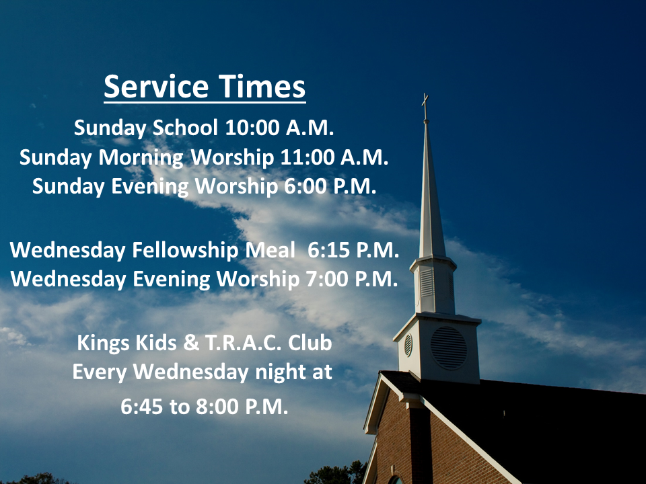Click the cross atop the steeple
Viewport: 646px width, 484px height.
(425, 107)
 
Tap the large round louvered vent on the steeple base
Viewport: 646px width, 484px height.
(449, 348)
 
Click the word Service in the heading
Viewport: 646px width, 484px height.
(156, 87)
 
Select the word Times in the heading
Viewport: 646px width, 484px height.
(262, 87)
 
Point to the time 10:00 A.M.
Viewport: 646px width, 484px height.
(279, 128)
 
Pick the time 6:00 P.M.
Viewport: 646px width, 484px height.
(330, 186)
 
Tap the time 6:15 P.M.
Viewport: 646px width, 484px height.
(353, 250)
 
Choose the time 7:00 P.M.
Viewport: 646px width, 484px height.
(351, 279)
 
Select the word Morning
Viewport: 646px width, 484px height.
(141, 158)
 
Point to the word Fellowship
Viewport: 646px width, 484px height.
(185, 251)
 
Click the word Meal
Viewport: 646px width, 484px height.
(271, 250)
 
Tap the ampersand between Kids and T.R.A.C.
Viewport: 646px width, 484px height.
(190, 343)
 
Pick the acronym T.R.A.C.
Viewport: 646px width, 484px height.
(243, 343)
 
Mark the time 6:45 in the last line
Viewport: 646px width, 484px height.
(141, 407)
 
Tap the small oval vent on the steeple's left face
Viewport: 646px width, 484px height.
(408, 345)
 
